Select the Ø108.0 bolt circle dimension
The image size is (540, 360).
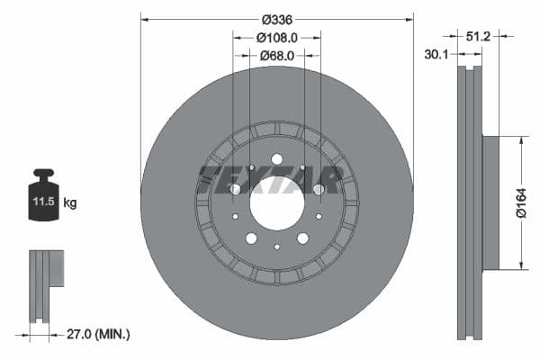276,38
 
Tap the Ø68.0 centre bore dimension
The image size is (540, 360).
276,56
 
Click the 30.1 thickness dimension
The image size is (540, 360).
436,55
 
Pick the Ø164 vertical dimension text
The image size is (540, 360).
521,202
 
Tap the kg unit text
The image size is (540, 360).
70,203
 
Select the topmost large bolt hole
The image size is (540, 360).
276,160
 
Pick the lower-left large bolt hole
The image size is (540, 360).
251,238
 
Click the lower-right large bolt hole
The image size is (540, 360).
302,238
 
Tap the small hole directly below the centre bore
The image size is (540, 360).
276,247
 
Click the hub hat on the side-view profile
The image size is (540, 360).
490,202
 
